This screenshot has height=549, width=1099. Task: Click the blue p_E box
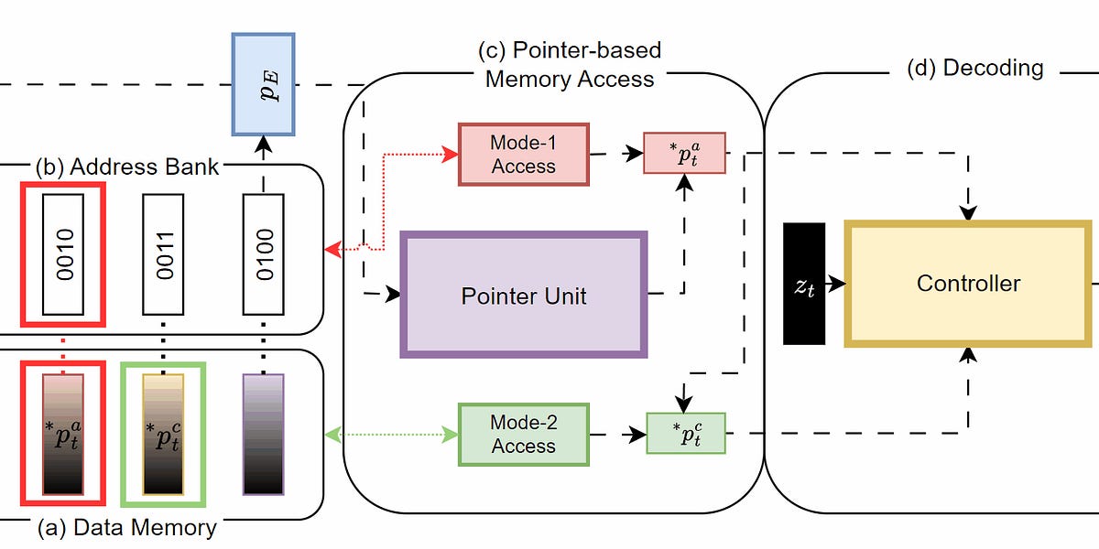coord(263,82)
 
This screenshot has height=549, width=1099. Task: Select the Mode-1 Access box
coord(523,154)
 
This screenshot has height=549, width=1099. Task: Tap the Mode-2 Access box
coord(523,434)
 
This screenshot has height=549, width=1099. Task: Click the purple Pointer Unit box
coord(524,295)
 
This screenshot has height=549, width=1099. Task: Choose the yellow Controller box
coord(968,283)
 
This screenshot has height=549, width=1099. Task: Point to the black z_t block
coord(804,284)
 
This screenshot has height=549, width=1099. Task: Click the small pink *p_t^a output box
coord(685,153)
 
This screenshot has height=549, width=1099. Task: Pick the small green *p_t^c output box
coord(686,434)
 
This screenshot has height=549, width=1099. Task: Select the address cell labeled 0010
coord(63,252)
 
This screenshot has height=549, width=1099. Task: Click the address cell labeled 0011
coord(163,252)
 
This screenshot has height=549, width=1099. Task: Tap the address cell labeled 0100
coord(263,252)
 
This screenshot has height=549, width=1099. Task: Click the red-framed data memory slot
coord(62,434)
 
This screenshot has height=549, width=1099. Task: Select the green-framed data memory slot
coord(163,434)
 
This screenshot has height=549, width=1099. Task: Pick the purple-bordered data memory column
coord(263,434)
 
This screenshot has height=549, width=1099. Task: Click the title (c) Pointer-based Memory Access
coord(570,64)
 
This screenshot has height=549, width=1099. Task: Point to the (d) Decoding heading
coord(974,68)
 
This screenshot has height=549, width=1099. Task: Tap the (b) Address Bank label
coord(126,167)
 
